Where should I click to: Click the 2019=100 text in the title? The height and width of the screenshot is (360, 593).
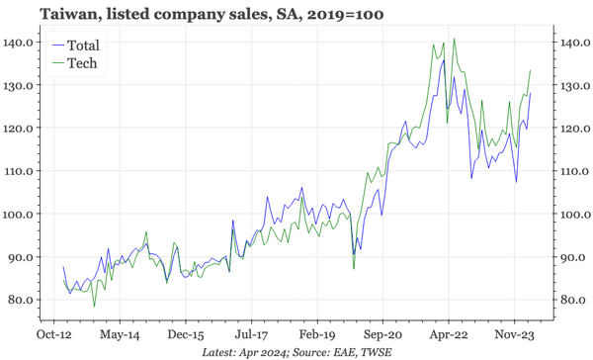[x=345, y=14]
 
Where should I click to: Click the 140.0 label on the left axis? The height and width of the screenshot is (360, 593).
[x=21, y=43]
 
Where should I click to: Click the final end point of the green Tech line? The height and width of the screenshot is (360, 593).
[x=532, y=70]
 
